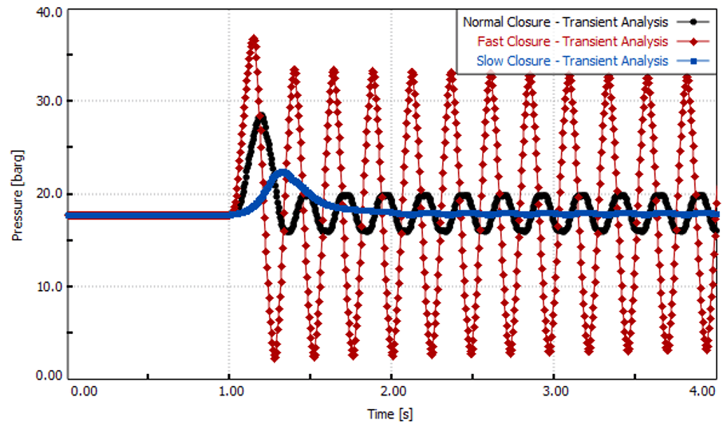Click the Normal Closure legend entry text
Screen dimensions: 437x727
tap(565, 22)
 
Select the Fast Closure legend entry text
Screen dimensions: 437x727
tap(572, 42)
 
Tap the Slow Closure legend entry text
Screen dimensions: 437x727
tap(572, 61)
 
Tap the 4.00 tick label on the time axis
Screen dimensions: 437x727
tap(703, 392)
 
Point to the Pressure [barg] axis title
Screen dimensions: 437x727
tap(18, 195)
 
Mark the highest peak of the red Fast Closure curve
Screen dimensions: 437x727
tap(254, 38)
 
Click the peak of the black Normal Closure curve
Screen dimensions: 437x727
tap(261, 117)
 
